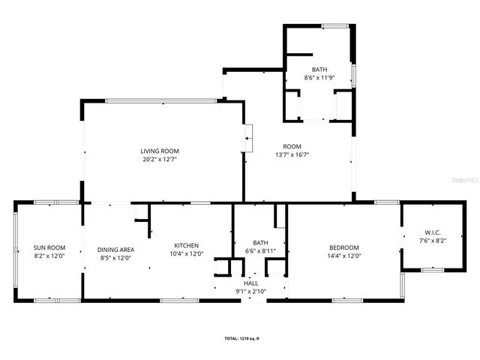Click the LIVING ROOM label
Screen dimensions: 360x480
tap(160, 151)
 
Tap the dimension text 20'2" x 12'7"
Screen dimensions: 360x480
tap(160, 159)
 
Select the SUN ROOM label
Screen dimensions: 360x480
tap(49, 247)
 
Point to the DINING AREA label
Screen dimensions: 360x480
tap(115, 250)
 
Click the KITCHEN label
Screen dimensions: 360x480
tap(186, 245)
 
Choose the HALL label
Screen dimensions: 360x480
tap(251, 283)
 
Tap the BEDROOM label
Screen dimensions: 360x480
tap(344, 247)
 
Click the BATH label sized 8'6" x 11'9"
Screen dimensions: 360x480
tap(319, 70)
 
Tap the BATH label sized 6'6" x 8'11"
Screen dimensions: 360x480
tap(260, 242)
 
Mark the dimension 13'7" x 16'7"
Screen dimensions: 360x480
tap(292, 154)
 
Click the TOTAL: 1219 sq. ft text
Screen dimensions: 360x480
tap(242, 339)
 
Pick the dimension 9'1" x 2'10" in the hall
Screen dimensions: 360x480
tap(251, 290)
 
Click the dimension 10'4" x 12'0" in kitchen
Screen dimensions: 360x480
tap(186, 253)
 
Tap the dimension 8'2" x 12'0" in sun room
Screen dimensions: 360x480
tap(49, 256)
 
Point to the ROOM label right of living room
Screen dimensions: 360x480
tap(292, 146)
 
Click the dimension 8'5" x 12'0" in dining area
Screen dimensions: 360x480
tap(115, 258)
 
